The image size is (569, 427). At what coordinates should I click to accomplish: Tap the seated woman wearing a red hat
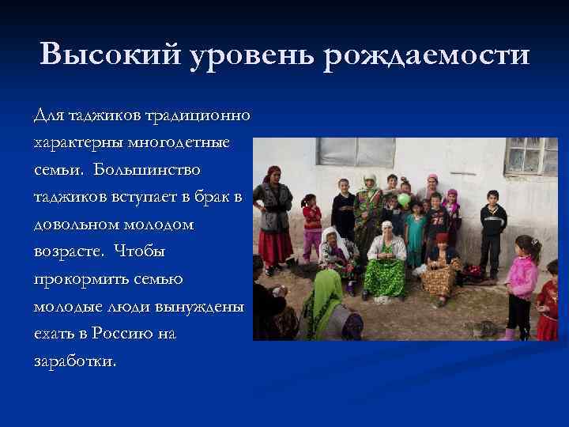pos(440,265)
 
